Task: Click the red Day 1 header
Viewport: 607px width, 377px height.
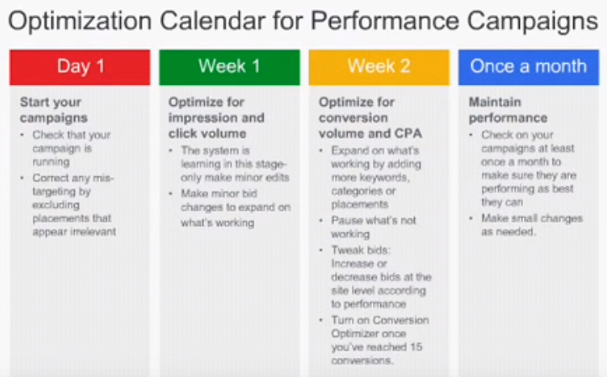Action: pos(80,67)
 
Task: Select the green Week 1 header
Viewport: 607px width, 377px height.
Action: pos(229,67)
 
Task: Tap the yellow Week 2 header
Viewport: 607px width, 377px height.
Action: pos(379,67)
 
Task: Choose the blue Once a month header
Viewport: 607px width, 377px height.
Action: pos(528,67)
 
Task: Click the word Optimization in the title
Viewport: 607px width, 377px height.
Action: pos(80,22)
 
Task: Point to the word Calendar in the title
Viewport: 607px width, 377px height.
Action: pos(212,20)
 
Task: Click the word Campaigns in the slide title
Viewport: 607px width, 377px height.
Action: pos(532,22)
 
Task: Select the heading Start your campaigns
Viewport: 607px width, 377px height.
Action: pos(54,110)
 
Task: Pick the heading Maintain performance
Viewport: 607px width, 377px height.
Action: pos(508,110)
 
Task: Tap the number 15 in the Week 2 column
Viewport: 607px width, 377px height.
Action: pos(416,347)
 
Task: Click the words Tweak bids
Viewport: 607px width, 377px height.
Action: pos(360,250)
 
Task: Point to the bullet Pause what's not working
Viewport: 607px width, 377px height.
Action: pos(374,228)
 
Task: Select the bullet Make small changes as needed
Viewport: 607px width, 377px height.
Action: pos(532,225)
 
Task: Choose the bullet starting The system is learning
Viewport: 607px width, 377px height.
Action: pos(235,164)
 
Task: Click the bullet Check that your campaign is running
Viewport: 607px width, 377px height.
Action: pos(71,149)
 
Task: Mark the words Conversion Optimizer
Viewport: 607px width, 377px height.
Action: pos(379,327)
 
